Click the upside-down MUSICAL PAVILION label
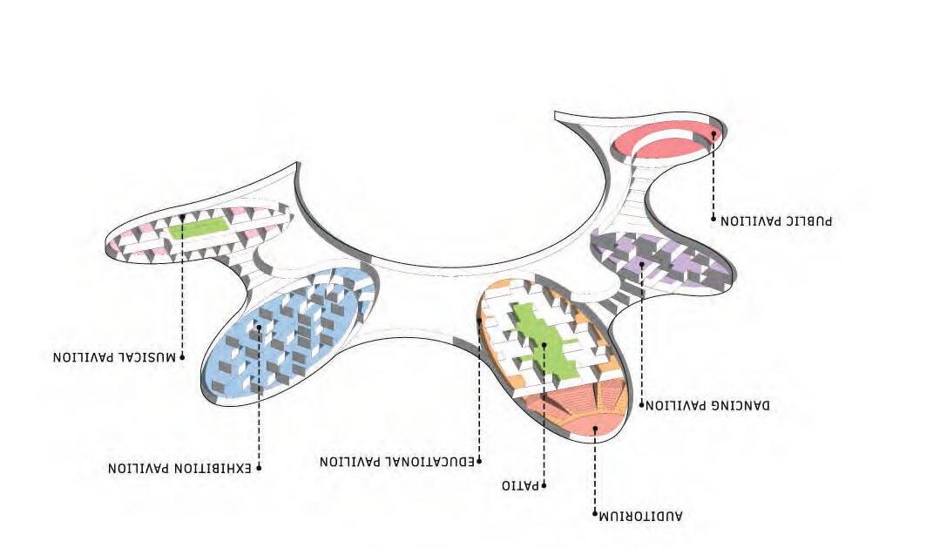click(x=114, y=357)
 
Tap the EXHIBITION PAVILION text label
click(x=179, y=469)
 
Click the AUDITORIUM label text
click(x=640, y=516)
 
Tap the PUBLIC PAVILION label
click(x=775, y=220)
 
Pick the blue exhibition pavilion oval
click(x=287, y=335)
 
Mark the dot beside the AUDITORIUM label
click(x=595, y=514)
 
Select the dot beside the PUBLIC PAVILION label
click(x=713, y=219)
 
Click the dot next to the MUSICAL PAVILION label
click(x=182, y=356)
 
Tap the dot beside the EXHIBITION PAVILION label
click(x=260, y=468)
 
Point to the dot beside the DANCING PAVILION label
click(x=642, y=405)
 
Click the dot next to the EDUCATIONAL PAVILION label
click(x=479, y=461)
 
